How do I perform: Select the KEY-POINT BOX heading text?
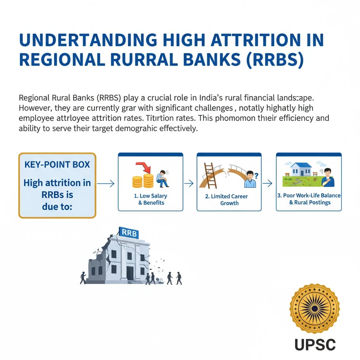coord(57,165)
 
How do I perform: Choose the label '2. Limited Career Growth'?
coord(229,200)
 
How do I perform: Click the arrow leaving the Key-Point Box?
coord(106,183)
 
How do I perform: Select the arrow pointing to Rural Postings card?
coord(269,183)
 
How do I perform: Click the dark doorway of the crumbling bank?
coord(130,273)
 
